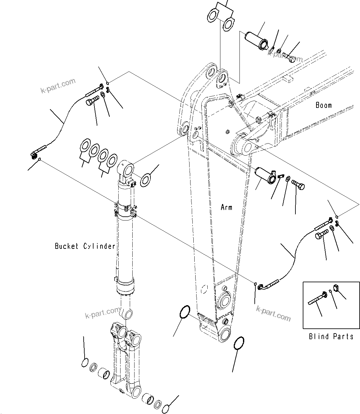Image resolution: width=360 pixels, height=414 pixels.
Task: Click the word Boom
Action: point(323,105)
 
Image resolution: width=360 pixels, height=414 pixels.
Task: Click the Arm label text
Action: point(226,207)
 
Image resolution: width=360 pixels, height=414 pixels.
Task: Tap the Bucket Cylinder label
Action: point(85,246)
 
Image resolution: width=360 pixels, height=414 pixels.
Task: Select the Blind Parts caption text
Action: point(331,336)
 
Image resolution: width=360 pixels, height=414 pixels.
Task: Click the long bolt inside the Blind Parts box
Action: point(316,298)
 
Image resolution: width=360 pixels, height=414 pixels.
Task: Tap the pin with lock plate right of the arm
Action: point(265,176)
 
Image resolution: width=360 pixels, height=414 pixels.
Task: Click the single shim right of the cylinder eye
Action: point(146,180)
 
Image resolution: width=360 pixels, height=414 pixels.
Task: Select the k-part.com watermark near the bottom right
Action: point(273,313)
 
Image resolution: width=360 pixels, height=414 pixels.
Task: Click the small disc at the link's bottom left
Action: point(84,362)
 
